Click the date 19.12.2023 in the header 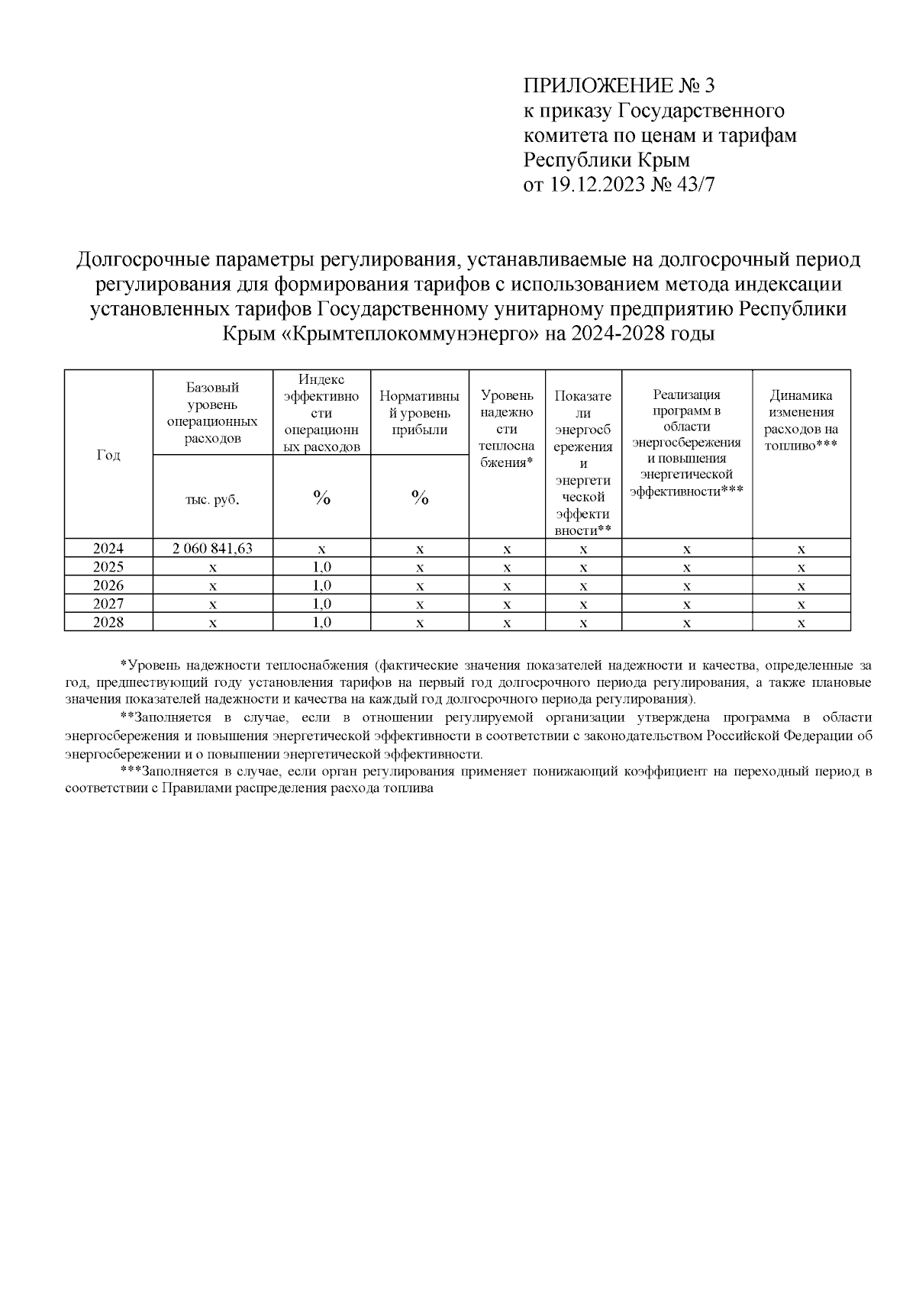[x=595, y=185]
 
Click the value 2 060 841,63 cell [x=213, y=548]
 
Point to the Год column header [x=108, y=455]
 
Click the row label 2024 [x=108, y=548]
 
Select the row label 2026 [x=108, y=585]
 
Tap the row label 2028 [x=108, y=623]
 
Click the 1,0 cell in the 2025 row [x=321, y=567]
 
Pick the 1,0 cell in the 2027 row [x=321, y=604]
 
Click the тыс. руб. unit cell [x=213, y=499]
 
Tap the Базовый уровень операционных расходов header [x=213, y=413]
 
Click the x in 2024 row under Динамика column [x=801, y=549]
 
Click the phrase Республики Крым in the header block [x=606, y=160]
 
